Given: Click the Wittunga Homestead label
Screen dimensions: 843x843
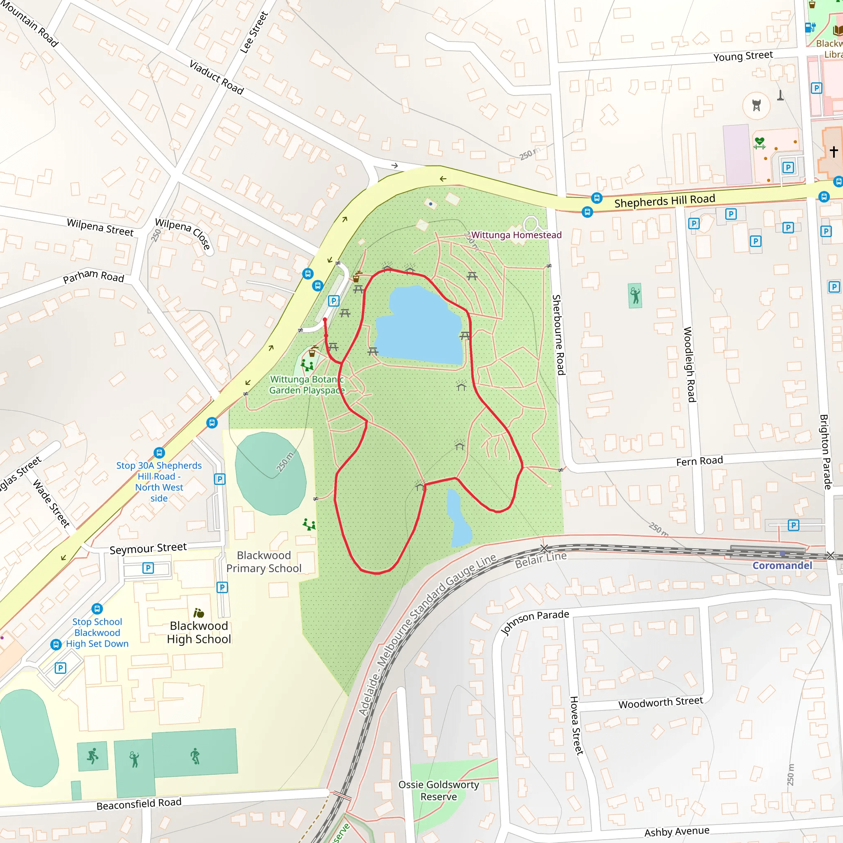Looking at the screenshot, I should (x=516, y=235).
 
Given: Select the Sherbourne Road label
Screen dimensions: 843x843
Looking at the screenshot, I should (x=559, y=335).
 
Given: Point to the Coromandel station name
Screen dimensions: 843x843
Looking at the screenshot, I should (x=782, y=566).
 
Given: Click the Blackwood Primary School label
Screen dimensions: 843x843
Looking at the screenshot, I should (x=263, y=561).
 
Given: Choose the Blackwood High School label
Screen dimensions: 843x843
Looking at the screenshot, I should (x=199, y=632).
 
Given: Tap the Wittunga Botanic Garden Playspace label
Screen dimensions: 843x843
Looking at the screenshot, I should (x=307, y=385).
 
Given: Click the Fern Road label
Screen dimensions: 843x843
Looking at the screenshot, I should (x=699, y=461).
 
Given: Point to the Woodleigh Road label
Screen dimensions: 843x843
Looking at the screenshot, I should (x=689, y=364).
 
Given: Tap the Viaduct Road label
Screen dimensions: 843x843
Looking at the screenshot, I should (x=217, y=77).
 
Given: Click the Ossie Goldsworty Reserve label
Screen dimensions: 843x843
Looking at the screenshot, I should (x=438, y=791).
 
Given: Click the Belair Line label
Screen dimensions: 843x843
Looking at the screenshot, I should (x=540, y=559).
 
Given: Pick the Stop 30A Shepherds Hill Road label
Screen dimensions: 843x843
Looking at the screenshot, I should (x=159, y=482).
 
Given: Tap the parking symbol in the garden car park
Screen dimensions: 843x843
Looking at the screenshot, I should (x=333, y=300).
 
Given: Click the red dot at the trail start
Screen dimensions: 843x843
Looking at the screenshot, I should (x=325, y=320).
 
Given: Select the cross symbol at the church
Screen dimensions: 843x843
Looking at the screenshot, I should (x=834, y=151).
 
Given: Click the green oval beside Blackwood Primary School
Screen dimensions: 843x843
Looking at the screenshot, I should (x=270, y=473).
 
